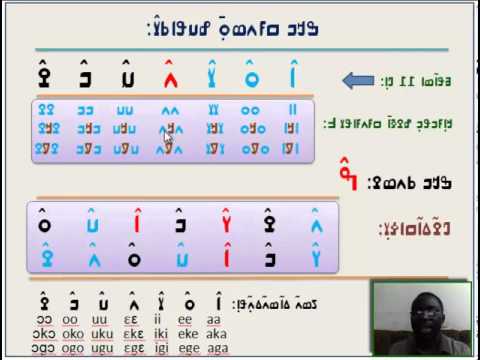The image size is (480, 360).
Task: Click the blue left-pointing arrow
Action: click(x=357, y=80)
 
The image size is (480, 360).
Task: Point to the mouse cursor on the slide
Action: click(x=168, y=142)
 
